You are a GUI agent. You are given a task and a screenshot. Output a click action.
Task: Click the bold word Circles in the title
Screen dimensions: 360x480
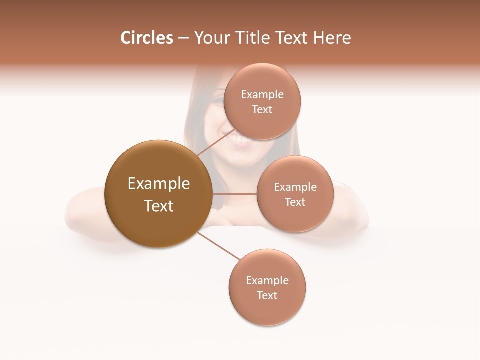tap(147, 38)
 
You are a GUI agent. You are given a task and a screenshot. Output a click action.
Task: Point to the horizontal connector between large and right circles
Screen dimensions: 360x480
tap(234, 194)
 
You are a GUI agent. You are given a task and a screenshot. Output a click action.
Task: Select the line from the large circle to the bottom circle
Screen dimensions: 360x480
tap(220, 246)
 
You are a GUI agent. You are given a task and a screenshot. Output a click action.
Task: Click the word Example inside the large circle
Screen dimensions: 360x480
tap(159, 184)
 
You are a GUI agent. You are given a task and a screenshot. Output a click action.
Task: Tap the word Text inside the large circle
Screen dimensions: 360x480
tap(159, 206)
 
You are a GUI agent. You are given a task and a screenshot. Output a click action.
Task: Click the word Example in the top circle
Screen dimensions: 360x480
tap(262, 95)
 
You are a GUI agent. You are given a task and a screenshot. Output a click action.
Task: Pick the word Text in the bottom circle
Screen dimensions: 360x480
tap(267, 295)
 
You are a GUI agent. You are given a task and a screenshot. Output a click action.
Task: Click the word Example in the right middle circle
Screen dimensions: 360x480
tap(295, 187)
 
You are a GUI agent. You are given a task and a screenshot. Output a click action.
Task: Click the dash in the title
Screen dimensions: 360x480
tap(183, 38)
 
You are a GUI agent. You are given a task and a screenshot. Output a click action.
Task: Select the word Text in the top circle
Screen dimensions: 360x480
tap(262, 110)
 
